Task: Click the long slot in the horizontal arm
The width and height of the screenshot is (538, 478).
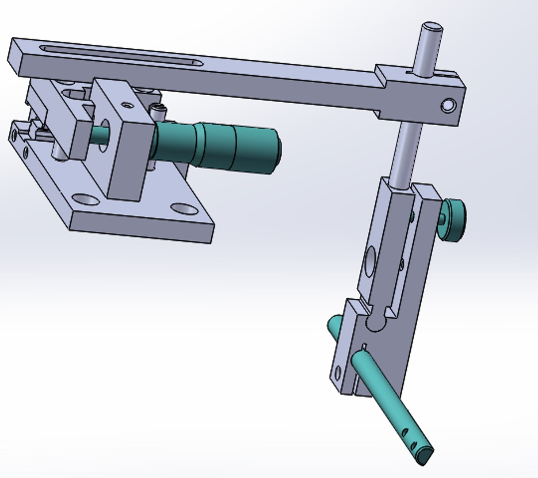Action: [119, 56]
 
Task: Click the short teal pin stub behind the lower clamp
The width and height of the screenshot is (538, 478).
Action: [335, 325]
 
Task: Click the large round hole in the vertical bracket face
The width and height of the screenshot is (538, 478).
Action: [370, 258]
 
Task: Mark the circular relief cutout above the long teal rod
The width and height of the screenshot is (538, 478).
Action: [376, 323]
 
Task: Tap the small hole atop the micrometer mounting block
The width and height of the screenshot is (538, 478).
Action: [128, 105]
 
